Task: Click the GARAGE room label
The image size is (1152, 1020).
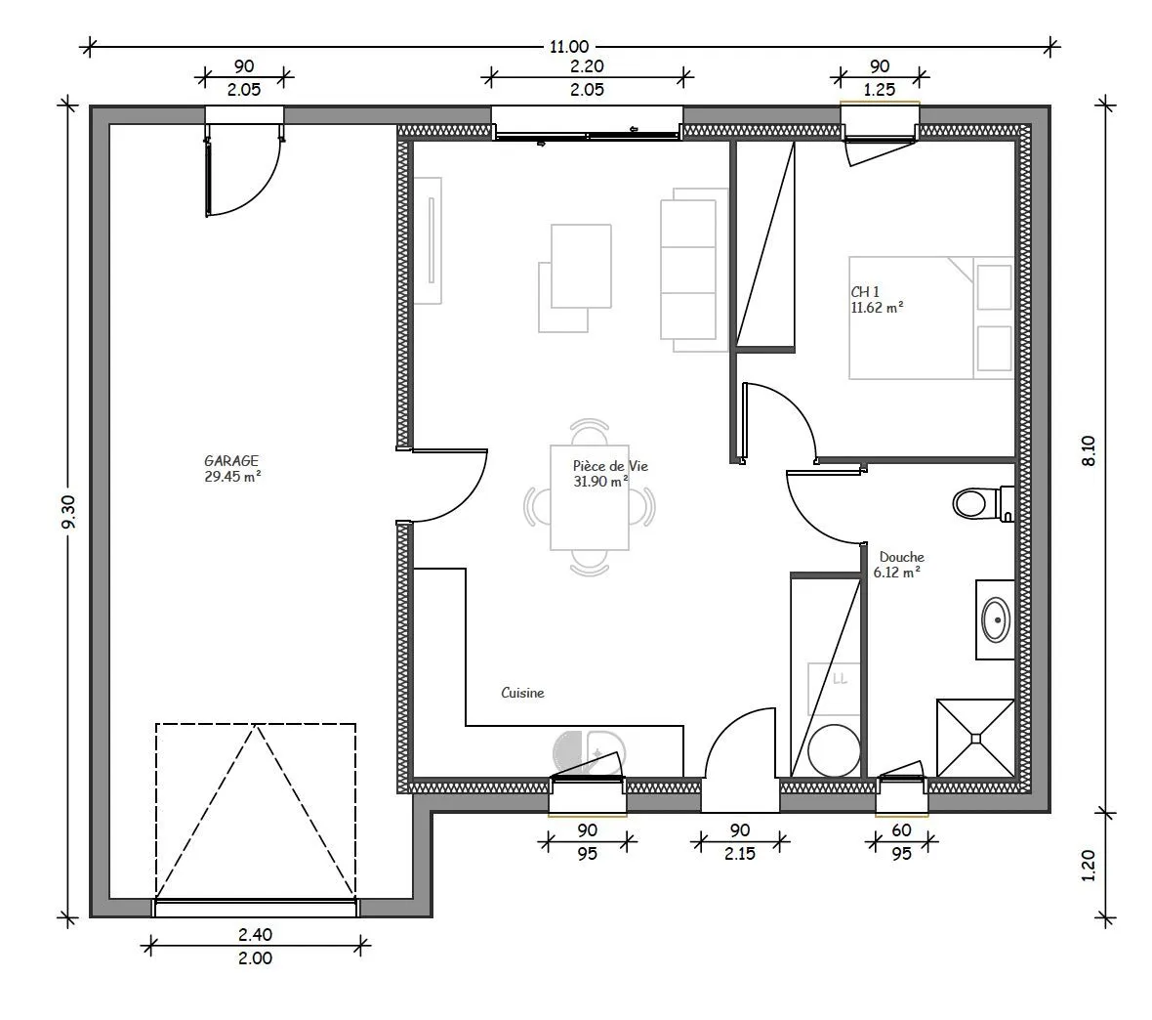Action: (x=231, y=461)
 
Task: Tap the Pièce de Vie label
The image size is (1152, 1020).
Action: (x=610, y=466)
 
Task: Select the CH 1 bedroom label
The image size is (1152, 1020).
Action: (x=865, y=292)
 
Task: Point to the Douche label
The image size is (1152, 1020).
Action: (x=901, y=558)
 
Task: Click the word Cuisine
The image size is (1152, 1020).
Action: (x=522, y=693)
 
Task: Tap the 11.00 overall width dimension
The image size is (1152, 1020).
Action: (x=569, y=47)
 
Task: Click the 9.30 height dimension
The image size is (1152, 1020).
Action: (x=68, y=513)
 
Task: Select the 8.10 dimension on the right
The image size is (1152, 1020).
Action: (x=1089, y=450)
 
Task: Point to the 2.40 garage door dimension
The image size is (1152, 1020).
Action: (x=255, y=935)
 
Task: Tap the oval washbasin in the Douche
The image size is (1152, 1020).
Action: (x=996, y=620)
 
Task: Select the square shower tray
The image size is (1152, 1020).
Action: (x=975, y=738)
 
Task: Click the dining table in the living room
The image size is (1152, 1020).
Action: (x=590, y=498)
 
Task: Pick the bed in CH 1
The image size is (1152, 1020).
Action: (x=931, y=318)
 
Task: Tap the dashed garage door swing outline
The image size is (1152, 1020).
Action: (x=256, y=810)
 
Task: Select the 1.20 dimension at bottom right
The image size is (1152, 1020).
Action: (x=1089, y=866)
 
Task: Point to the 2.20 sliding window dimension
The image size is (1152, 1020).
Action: (x=587, y=66)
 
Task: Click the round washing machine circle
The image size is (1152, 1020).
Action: (x=834, y=751)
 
